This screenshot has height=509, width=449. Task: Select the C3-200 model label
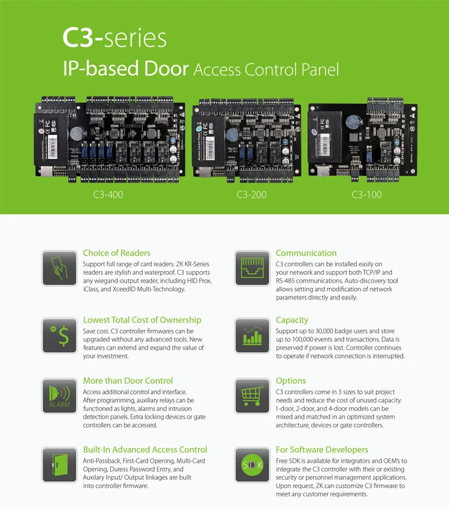[251, 194]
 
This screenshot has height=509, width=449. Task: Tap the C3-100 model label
[366, 194]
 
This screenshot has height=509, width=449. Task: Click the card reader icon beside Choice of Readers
[59, 268]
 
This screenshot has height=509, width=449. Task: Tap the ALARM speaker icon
[59, 396]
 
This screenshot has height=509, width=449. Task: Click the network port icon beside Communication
[251, 268]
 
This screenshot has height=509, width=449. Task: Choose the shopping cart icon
[251, 396]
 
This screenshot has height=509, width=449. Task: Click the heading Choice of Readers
[117, 253]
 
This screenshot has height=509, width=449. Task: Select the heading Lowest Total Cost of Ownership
[142, 320]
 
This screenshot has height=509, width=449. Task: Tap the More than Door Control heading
[128, 381]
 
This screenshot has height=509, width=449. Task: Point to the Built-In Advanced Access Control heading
[145, 450]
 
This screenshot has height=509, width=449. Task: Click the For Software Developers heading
[321, 450]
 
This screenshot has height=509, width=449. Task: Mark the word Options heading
[290, 381]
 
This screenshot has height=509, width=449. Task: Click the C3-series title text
[114, 38]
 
